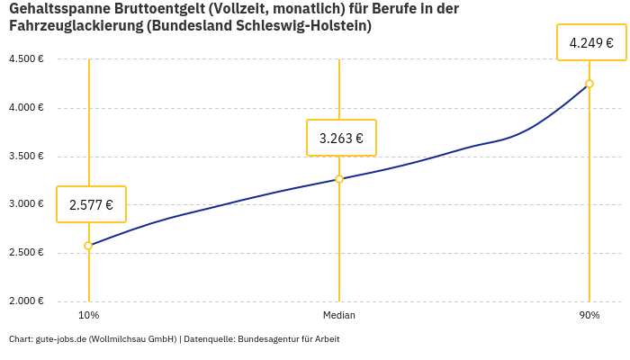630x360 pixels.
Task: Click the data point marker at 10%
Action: pyautogui.click(x=88, y=246)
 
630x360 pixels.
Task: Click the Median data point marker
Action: pyautogui.click(x=339, y=179)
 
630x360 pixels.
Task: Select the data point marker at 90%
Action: pyautogui.click(x=589, y=84)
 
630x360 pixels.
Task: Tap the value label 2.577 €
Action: pyautogui.click(x=91, y=204)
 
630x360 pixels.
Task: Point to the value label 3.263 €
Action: pyautogui.click(x=341, y=138)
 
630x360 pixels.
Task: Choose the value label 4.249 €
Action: pyautogui.click(x=591, y=42)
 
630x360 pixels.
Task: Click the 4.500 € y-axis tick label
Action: pyautogui.click(x=26, y=59)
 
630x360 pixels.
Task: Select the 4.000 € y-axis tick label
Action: pyautogui.click(x=26, y=108)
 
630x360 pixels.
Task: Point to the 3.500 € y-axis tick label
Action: pyautogui.click(x=26, y=156)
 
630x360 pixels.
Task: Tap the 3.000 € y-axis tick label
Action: pyautogui.click(x=26, y=204)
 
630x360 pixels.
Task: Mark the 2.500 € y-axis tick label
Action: pyautogui.click(x=26, y=253)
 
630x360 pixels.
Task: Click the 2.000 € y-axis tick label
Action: pyautogui.click(x=26, y=301)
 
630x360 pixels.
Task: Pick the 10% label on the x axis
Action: pyautogui.click(x=88, y=316)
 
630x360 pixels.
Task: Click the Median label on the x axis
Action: pyautogui.click(x=339, y=316)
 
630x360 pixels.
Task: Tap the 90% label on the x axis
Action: pyautogui.click(x=589, y=316)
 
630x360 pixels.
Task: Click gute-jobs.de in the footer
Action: pyautogui.click(x=60, y=339)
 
